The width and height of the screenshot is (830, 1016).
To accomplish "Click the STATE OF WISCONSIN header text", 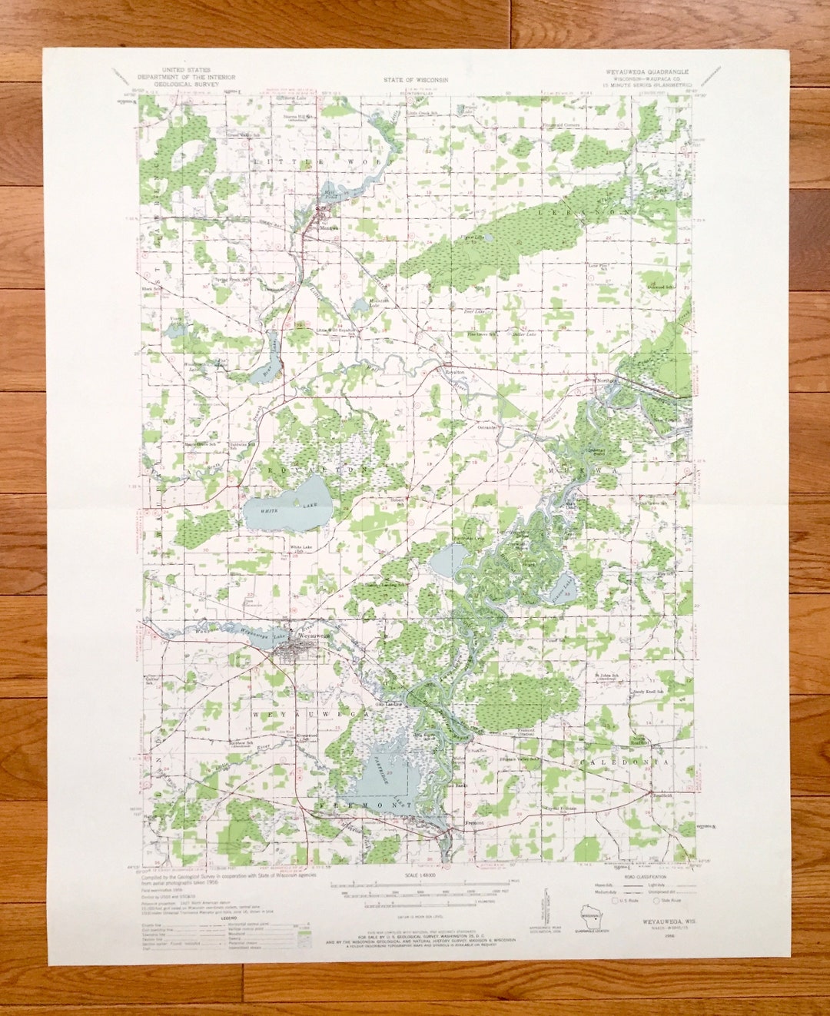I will click(x=416, y=78).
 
